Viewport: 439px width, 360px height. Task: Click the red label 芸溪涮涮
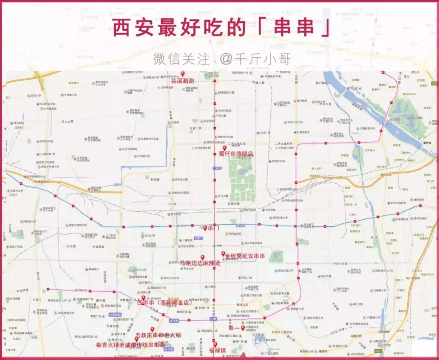182,81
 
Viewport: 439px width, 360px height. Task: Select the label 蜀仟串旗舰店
236,154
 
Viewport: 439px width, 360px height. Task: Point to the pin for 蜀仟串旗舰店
224,148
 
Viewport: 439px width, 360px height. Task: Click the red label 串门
213,228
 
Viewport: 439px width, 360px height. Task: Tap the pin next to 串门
205,228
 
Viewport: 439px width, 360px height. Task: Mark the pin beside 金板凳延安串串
223,254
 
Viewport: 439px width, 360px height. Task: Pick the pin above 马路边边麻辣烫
202,257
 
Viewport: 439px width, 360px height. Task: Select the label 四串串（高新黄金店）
165,302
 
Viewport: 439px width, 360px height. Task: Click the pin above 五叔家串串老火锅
152,329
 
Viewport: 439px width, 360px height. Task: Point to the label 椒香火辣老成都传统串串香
130,345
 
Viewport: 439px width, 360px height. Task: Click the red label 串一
234,328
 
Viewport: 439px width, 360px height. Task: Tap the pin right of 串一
243,327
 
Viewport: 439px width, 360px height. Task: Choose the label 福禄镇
217,350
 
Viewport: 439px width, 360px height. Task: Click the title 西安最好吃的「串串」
220,28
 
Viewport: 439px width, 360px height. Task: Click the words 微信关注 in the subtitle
181,59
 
